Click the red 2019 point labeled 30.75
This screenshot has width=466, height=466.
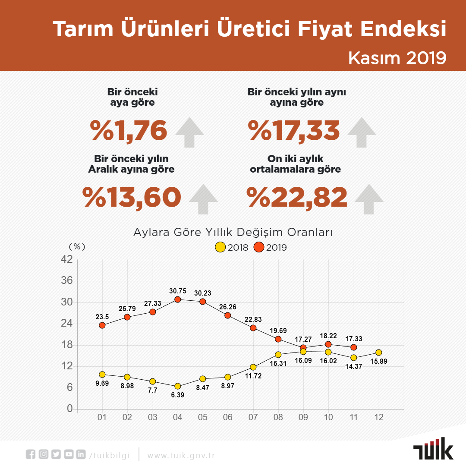point(178,299)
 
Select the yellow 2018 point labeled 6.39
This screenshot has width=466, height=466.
point(178,386)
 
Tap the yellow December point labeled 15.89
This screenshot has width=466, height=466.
point(379,353)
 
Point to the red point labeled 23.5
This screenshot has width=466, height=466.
point(102,325)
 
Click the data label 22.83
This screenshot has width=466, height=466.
point(253,319)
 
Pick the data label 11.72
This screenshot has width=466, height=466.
point(253,376)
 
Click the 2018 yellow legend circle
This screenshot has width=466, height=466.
point(220,247)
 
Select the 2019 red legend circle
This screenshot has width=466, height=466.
point(259,247)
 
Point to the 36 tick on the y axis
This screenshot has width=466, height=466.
point(67,280)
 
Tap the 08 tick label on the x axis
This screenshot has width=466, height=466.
point(278,417)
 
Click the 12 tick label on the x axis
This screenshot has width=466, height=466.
point(379,417)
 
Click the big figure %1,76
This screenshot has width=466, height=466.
point(129,131)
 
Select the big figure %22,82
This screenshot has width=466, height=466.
point(297,197)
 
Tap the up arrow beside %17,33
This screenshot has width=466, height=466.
point(362,132)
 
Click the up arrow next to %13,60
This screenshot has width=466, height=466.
point(203,199)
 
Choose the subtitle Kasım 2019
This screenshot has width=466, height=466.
point(397,58)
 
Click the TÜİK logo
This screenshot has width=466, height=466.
point(433,448)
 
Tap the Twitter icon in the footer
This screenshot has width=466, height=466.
point(56,454)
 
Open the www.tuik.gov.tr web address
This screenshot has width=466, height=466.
point(181,456)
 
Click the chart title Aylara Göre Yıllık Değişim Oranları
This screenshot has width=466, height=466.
point(233,232)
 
